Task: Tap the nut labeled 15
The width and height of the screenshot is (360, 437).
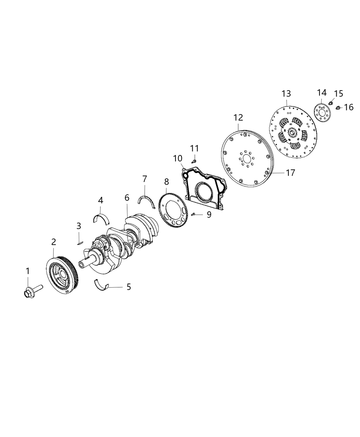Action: [331, 102]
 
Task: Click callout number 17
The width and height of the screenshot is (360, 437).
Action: [290, 173]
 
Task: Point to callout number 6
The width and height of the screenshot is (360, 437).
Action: [127, 197]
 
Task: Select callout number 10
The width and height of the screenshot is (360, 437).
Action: [178, 158]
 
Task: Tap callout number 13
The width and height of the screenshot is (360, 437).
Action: [286, 93]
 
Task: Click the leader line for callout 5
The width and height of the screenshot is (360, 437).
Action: [117, 287]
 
